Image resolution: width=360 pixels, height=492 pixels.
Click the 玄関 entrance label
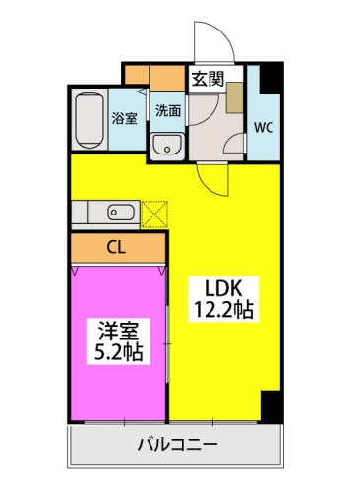[208, 79]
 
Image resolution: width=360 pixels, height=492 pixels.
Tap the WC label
[264, 127]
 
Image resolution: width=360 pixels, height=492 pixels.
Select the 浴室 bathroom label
[124, 118]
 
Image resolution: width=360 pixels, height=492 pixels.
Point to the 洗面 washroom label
[168, 111]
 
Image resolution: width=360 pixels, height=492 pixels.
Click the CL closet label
[116, 248]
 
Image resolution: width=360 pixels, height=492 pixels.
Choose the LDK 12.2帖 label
[223, 299]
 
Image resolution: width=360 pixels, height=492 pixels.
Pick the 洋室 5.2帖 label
[118, 341]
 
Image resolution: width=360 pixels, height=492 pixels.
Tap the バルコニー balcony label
[177, 445]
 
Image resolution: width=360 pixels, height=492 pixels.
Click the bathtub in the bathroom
[90, 120]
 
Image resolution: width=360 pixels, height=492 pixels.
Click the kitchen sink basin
[121, 212]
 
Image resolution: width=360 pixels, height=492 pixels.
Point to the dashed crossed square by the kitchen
[154, 215]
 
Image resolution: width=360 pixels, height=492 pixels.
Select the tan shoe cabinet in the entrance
[235, 97]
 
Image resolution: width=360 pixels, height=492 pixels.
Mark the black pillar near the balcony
[271, 406]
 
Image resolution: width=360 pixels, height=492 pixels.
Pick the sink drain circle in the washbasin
[167, 150]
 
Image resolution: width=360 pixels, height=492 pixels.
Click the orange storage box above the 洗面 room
[167, 78]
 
